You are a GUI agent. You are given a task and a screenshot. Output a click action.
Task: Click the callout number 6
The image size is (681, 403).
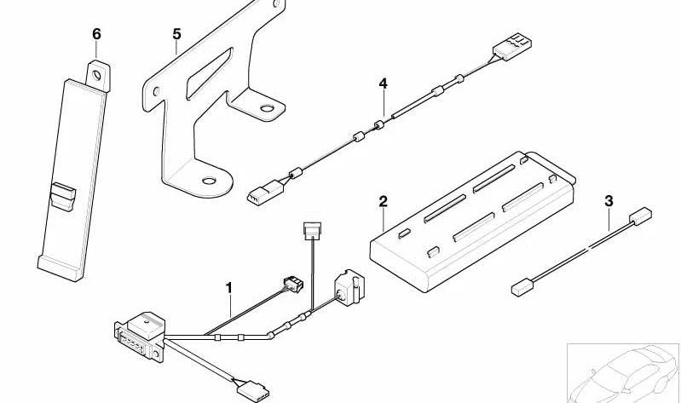pyautogui.click(x=96, y=33)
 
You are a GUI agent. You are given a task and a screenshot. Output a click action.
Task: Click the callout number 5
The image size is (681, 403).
pyautogui.click(x=176, y=33)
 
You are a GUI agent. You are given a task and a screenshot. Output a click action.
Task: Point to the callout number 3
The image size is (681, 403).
pyautogui.click(x=609, y=201)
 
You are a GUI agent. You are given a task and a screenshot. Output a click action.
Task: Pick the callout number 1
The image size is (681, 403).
pyautogui.click(x=228, y=288)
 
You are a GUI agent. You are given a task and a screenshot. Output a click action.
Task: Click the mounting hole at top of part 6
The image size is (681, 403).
pyautogui.click(x=98, y=73)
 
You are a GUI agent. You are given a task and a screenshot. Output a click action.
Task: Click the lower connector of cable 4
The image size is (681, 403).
pyautogui.click(x=259, y=195)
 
